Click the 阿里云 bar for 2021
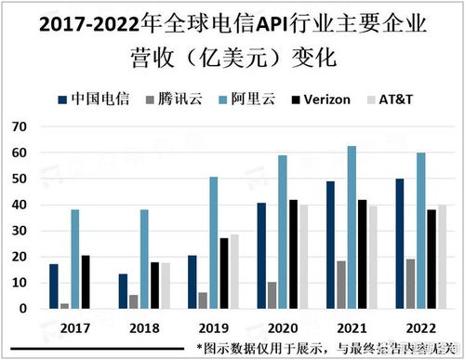(352, 227)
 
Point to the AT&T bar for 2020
(304, 256)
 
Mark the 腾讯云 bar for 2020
(272, 294)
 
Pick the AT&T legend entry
(399, 98)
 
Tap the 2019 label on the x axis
(213, 328)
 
